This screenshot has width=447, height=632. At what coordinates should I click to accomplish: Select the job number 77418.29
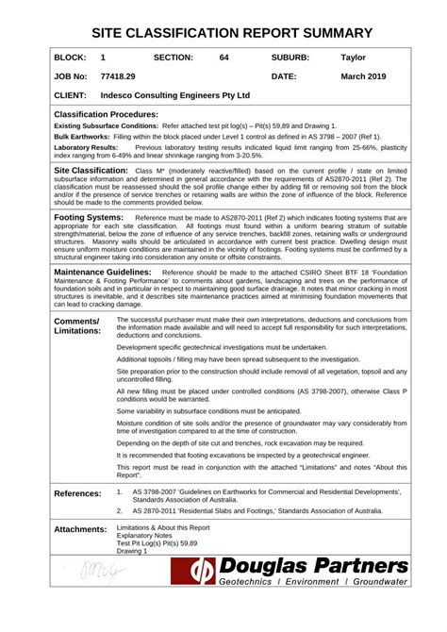pos(118,76)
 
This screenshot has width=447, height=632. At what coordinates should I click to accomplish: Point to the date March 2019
pos(363,76)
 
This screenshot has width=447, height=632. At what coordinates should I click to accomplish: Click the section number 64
pos(223,58)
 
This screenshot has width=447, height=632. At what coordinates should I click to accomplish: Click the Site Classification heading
pos(91,170)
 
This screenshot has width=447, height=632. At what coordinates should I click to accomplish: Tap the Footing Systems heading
pos(89,217)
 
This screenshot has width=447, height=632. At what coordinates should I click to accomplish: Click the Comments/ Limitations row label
pos(76,325)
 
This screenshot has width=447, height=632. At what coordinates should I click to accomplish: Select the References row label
pos(77,493)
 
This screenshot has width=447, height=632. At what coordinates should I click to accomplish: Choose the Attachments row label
pos(80,529)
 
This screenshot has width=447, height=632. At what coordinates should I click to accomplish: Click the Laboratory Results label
pos(86,148)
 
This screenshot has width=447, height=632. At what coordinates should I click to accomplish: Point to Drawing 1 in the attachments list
pos(132,551)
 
